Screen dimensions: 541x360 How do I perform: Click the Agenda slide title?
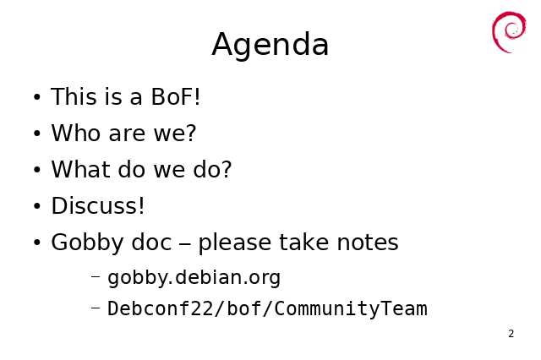(x=270, y=45)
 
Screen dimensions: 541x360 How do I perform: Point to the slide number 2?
(x=511, y=334)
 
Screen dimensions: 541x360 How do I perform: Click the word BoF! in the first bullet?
(x=176, y=96)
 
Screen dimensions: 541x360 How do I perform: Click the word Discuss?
(x=98, y=206)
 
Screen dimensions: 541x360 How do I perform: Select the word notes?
(x=368, y=243)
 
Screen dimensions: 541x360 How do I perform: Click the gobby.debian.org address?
(x=194, y=278)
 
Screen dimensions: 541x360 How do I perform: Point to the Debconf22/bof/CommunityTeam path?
(x=267, y=308)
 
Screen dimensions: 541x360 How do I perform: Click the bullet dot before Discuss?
(x=37, y=206)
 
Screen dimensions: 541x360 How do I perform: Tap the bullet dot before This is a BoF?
(x=37, y=97)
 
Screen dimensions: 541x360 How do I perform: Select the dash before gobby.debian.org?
(x=96, y=276)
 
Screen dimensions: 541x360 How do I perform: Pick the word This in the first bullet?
(x=74, y=96)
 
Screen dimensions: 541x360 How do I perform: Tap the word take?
(x=304, y=242)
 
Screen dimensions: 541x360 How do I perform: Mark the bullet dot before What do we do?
(x=37, y=170)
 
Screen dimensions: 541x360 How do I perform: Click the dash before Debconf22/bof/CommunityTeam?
(x=96, y=307)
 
